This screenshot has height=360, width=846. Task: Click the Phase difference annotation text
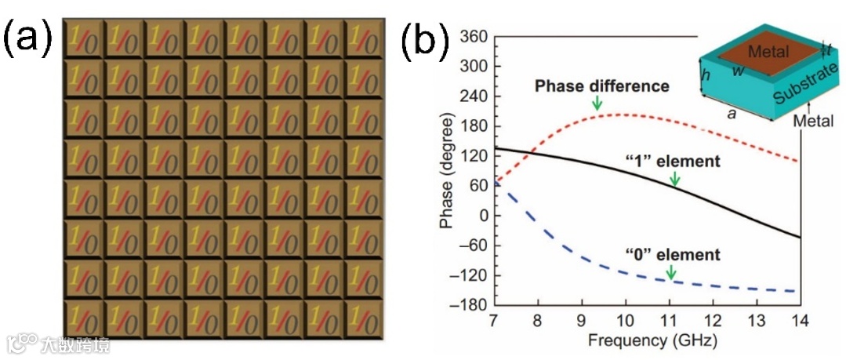601,86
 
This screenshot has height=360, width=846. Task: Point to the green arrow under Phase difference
597,102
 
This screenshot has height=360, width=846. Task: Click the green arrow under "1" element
675,180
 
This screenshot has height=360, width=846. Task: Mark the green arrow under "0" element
671,272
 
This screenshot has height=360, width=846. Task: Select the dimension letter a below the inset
732,113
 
